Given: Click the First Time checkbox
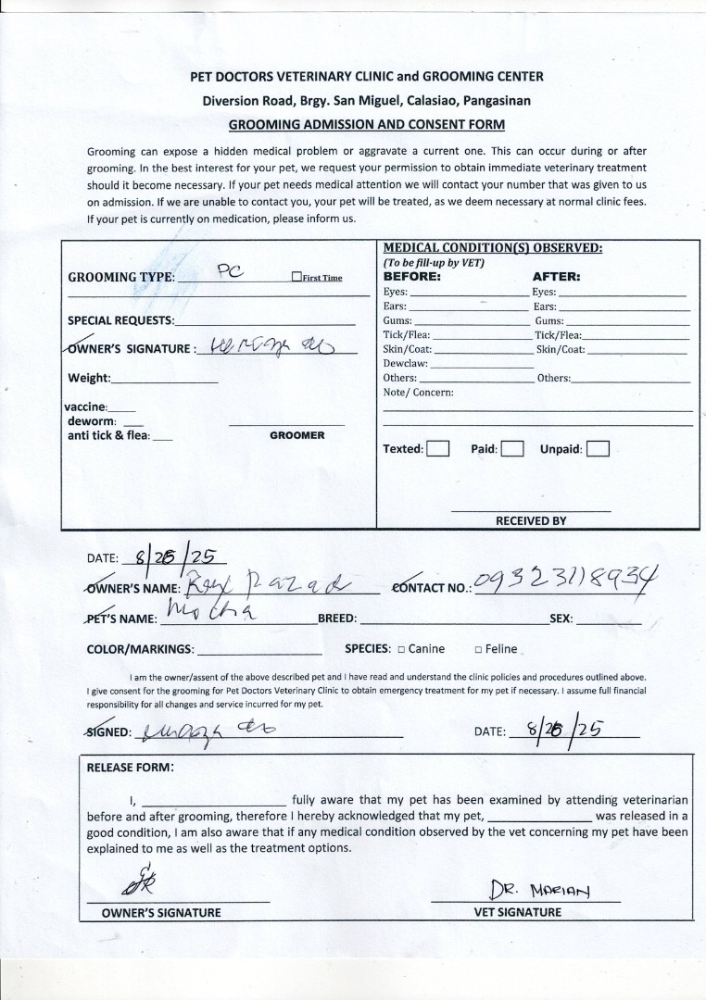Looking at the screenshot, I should point(296,277).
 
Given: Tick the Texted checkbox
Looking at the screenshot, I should point(438,449).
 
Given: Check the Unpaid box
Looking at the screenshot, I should point(598,449).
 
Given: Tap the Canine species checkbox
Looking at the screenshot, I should point(402,649).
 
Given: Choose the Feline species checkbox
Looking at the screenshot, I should point(477,649).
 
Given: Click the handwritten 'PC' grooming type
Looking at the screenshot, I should point(230,270).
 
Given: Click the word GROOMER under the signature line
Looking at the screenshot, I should point(296,435).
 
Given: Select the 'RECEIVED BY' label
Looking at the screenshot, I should point(531,520).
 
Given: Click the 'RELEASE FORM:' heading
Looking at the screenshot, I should point(130,767).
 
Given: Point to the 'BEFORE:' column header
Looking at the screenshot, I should point(411,276).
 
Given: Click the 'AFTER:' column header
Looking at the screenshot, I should point(556,276).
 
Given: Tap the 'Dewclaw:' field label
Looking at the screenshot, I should point(405,364).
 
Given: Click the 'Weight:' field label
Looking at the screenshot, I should point(89,378).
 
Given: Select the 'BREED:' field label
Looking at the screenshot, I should point(337,619).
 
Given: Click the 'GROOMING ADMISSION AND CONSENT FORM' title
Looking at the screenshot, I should point(366,124).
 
